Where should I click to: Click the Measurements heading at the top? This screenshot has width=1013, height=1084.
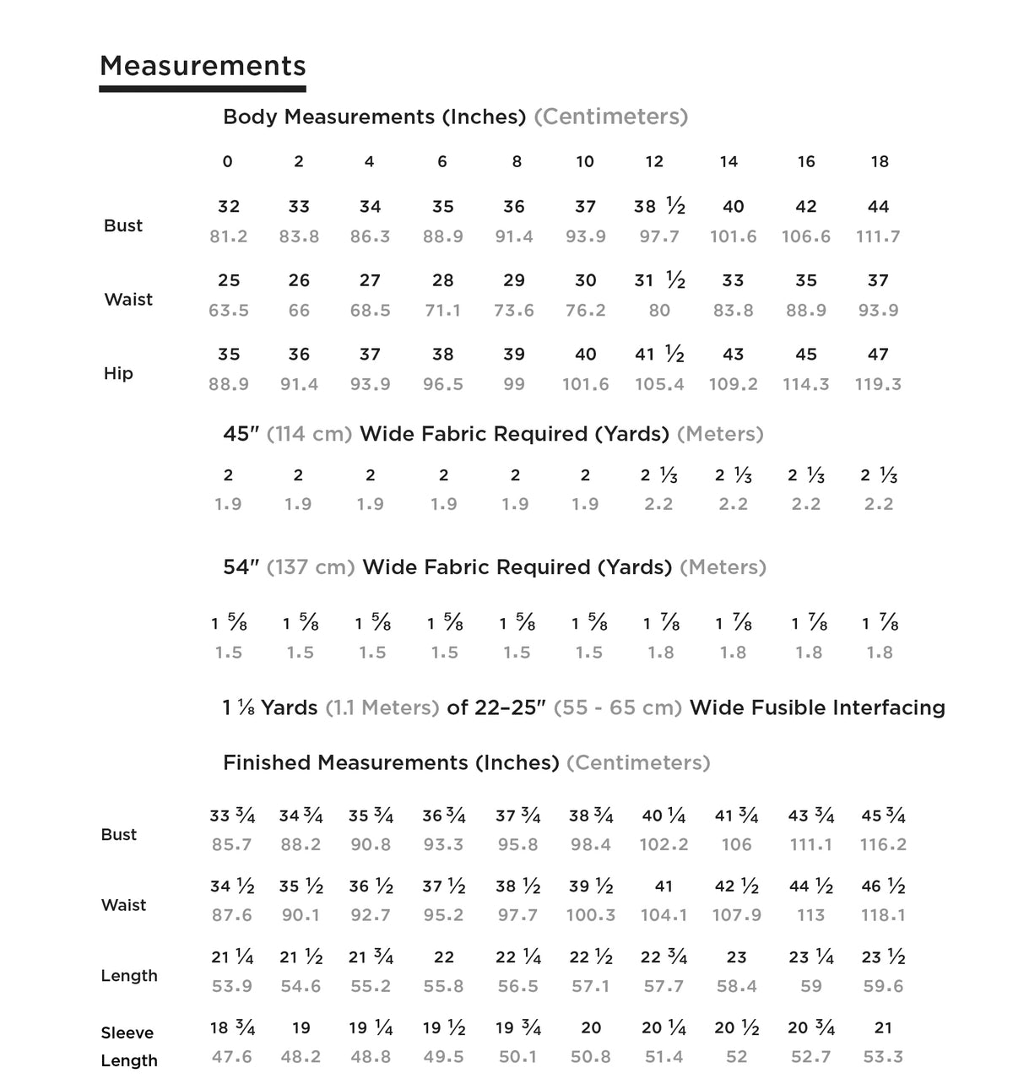203,66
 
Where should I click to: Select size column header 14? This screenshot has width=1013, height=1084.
729,161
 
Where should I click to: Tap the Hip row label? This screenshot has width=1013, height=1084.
118,373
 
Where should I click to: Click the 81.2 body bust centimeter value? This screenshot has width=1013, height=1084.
229,237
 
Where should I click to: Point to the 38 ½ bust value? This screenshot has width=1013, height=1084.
659,207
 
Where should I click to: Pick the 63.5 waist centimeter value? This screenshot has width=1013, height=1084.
229,311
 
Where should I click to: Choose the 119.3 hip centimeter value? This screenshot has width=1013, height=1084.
878,385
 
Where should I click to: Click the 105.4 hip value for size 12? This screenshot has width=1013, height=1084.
659,385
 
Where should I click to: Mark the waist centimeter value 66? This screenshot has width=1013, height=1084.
299,311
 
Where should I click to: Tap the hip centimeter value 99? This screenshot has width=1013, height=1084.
514,385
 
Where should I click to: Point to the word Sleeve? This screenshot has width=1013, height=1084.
127,1033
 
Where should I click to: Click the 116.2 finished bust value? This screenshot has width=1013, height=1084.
883,845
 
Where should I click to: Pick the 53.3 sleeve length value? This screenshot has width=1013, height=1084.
883,1057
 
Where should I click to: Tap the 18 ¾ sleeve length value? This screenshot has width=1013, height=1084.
232,1028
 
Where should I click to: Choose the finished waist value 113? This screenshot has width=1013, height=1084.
810,915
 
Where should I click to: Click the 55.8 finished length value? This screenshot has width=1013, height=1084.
444,986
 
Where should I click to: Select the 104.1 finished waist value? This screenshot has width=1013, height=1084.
664,915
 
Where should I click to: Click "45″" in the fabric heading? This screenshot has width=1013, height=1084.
241,434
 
